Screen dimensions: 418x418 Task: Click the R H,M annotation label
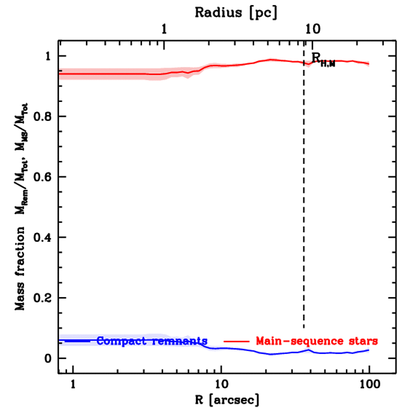tap(323, 59)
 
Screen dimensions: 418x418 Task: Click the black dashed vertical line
tap(303, 204)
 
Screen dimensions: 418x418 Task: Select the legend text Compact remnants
tap(152, 340)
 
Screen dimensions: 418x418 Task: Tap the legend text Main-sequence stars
tap(316, 340)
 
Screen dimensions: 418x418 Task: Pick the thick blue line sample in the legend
tap(77, 340)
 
